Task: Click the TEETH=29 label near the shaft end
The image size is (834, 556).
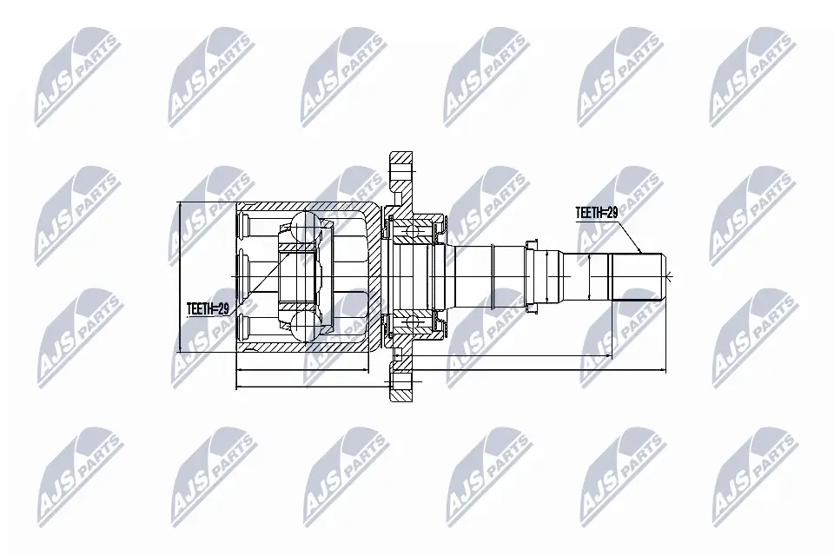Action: [x=596, y=213]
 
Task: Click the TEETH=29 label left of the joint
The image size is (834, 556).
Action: [x=208, y=308]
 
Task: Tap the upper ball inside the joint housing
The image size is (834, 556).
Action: [x=305, y=225]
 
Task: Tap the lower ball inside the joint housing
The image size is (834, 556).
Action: [x=305, y=326]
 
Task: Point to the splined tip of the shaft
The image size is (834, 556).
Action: [x=636, y=276]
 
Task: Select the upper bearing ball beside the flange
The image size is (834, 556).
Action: [x=411, y=231]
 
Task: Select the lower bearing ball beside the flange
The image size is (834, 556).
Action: [x=411, y=322]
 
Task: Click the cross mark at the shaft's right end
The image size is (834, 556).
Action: [x=668, y=276]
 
